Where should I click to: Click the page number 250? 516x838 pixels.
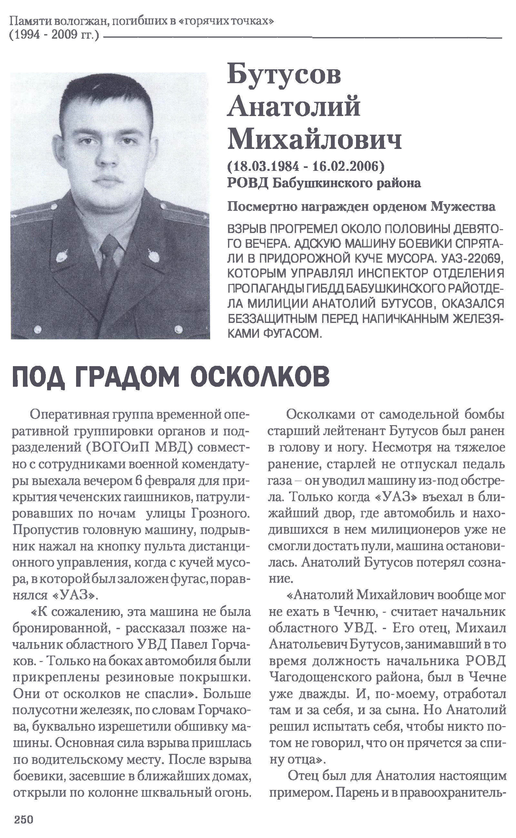tap(24, 819)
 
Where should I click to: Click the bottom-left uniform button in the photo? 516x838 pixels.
tap(37, 329)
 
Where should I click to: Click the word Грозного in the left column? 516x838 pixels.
tap(221, 513)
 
